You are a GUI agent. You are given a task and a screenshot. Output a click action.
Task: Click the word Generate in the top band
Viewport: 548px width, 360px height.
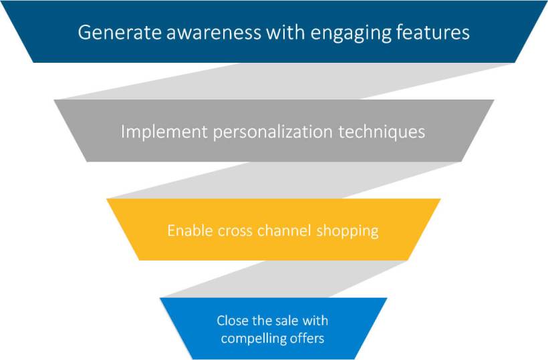(x=120, y=32)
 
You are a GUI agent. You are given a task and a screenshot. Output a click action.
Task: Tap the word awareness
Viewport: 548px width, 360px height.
(x=214, y=32)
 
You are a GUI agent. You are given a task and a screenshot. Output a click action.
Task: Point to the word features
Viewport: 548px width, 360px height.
(x=432, y=32)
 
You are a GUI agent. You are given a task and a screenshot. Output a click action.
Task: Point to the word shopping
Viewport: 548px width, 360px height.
(x=348, y=232)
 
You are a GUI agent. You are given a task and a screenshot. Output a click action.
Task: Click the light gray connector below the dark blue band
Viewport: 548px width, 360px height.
(x=287, y=81)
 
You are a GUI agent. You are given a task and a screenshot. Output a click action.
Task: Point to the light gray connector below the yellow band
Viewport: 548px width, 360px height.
(x=285, y=279)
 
